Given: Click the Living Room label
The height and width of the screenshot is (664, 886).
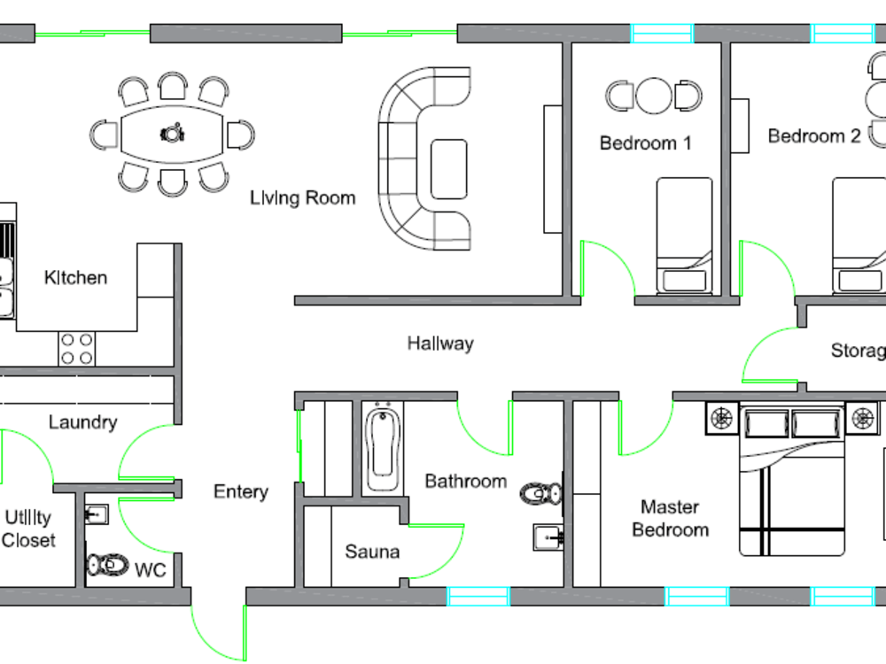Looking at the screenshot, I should [x=302, y=197].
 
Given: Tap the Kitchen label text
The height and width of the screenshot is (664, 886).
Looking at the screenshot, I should [x=75, y=278].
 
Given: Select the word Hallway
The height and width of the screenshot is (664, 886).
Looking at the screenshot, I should [x=440, y=344].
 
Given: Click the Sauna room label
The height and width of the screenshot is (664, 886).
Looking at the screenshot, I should [x=372, y=552].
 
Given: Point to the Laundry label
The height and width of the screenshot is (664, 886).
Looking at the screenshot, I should [x=82, y=422].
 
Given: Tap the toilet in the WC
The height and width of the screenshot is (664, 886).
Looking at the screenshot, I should [x=107, y=564].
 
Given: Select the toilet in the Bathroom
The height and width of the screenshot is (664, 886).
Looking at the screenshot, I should [x=541, y=494].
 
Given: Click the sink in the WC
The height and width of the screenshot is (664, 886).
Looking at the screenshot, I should [x=97, y=513].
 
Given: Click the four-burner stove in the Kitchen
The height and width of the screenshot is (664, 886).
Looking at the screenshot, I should [x=76, y=348].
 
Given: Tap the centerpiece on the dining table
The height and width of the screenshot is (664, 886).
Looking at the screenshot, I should [x=171, y=134].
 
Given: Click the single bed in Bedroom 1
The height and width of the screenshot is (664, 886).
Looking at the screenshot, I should [x=684, y=235].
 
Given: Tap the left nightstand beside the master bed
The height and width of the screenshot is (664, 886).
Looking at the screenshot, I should [x=722, y=419].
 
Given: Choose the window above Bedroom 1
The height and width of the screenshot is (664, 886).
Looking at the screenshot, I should [x=661, y=34].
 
